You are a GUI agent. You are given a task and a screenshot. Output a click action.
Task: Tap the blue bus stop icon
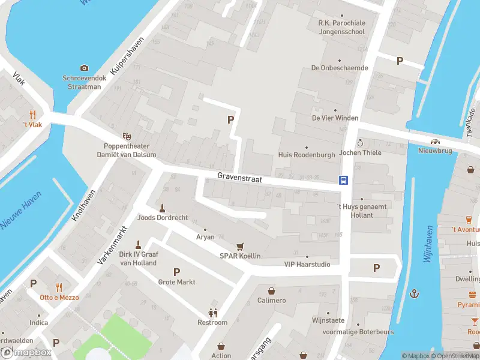(344, 179)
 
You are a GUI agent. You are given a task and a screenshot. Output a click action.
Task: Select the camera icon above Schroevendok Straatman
(84, 68)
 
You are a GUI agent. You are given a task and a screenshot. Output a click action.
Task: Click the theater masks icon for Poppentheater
(127, 136)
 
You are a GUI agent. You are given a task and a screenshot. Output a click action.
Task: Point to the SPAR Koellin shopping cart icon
(240, 246)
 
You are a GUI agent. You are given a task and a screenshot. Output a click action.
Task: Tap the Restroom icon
(212, 313)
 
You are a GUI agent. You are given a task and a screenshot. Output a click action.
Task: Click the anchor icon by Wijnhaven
(414, 293)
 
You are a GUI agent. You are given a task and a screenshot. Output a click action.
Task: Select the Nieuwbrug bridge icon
(434, 142)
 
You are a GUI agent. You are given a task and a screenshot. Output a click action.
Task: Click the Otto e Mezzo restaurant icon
(59, 287)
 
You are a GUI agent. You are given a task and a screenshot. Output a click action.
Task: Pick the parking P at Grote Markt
(176, 272)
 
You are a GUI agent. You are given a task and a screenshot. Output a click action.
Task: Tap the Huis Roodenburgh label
(307, 154)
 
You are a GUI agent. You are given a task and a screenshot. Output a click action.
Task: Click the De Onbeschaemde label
(339, 68)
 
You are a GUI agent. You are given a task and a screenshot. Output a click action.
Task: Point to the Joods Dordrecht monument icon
(162, 208)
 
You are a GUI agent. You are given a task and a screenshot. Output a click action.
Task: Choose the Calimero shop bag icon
(271, 290)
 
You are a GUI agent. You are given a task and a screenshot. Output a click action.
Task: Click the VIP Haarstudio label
(307, 264)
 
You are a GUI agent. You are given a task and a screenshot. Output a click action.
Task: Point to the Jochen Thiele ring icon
(360, 143)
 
